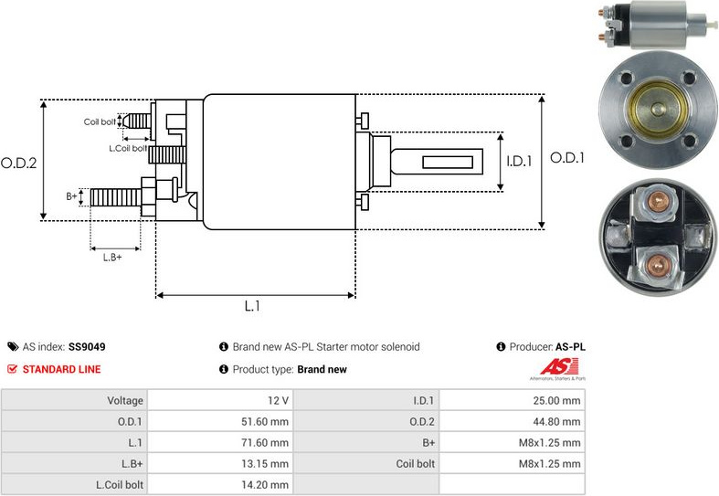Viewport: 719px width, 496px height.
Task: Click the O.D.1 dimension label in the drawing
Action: pyautogui.click(x=567, y=158)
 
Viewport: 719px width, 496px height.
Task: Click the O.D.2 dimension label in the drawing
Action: pyautogui.click(x=18, y=164)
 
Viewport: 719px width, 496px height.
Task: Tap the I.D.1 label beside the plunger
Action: pyautogui.click(x=519, y=162)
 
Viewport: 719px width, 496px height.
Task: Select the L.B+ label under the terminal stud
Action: pyautogui.click(x=112, y=258)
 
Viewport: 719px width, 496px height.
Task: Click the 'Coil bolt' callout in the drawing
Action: pyautogui.click(x=100, y=121)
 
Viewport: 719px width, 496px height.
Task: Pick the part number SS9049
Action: pyautogui.click(x=87, y=347)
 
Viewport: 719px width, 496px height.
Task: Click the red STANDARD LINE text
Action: pyautogui.click(x=61, y=369)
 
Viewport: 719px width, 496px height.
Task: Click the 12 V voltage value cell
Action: pyautogui.click(x=279, y=400)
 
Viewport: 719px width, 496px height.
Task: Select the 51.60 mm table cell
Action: pyautogui.click(x=269, y=422)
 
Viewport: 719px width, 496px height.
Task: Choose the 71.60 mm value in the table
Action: pyautogui.click(x=269, y=443)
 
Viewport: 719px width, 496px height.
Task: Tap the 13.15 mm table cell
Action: pyautogui.click(x=269, y=464)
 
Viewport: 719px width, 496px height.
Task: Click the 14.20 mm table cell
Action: pyautogui.click(x=269, y=485)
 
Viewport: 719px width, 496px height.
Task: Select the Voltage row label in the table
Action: pyautogui.click(x=125, y=400)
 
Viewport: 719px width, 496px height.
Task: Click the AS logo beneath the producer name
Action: pyautogui.click(x=558, y=369)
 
